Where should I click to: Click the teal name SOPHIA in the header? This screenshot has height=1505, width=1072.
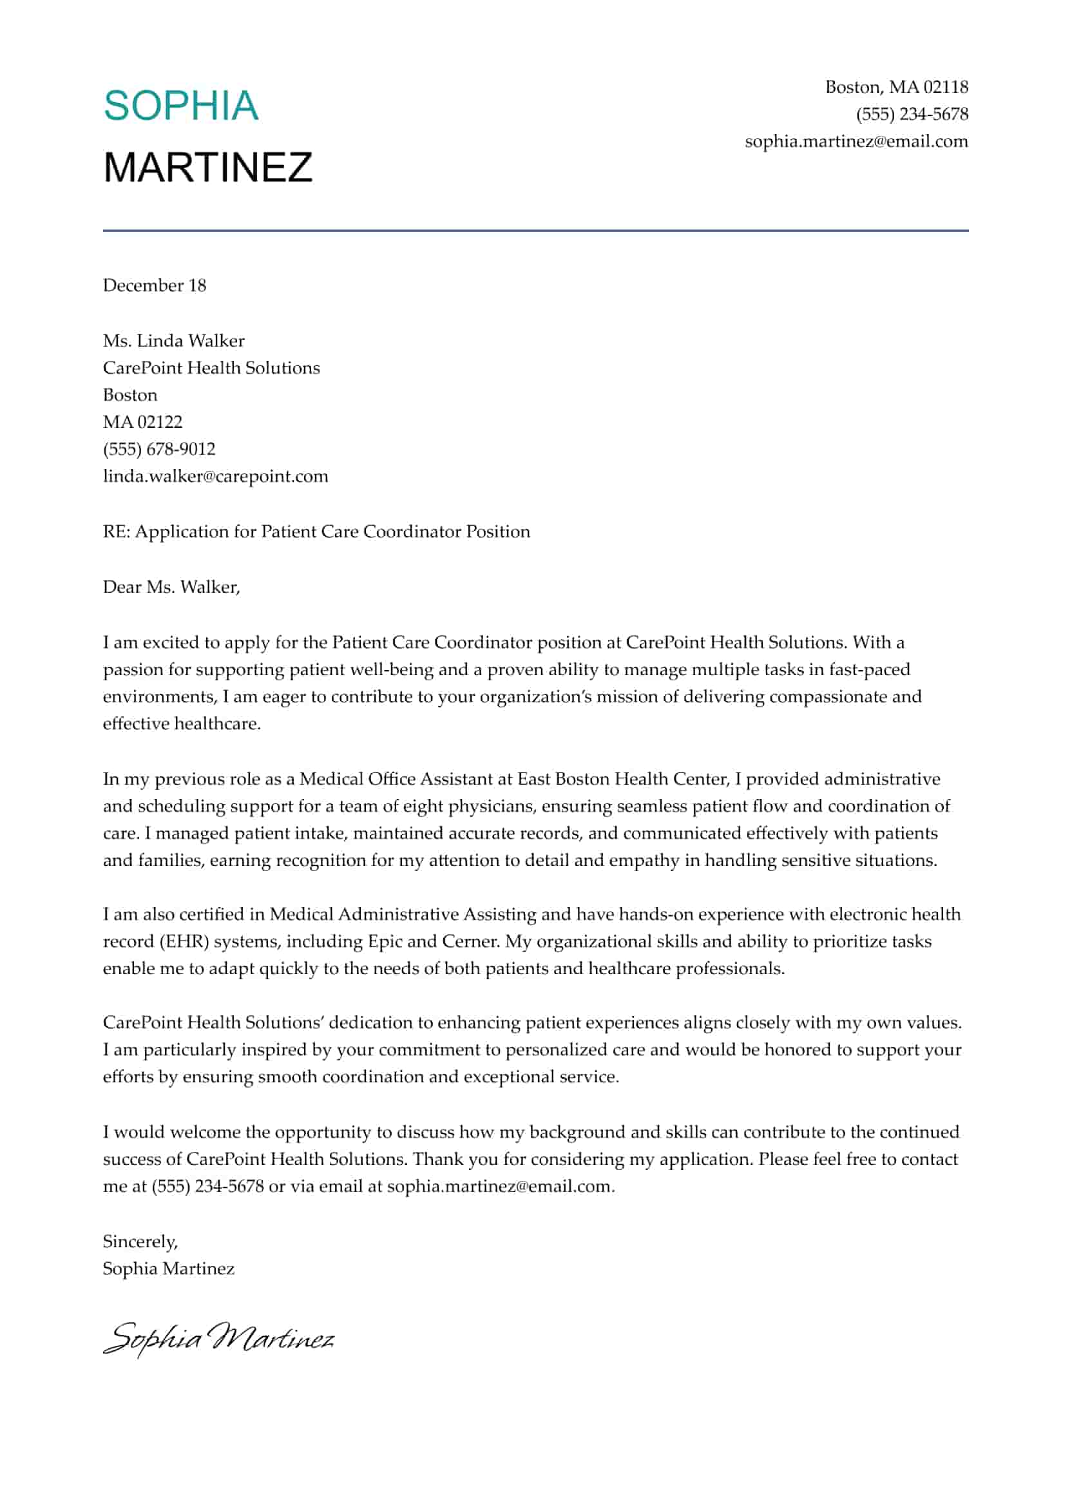point(181,106)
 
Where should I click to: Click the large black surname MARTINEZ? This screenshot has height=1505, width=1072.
point(208,167)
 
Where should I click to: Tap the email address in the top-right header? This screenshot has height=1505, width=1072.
point(856,141)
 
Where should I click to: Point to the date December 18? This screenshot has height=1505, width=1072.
point(155,285)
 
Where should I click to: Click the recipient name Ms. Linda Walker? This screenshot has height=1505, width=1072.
point(173,341)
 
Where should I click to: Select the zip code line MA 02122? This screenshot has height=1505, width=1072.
point(142,422)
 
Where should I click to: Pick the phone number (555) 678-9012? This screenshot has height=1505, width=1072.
point(159,449)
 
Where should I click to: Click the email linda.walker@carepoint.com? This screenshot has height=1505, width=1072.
point(215,476)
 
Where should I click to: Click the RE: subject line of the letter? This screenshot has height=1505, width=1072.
point(316,532)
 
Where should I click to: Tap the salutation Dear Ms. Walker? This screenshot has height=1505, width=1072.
point(171,587)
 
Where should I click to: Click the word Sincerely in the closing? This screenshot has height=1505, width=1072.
point(140,1241)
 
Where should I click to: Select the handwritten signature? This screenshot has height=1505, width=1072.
point(218,1337)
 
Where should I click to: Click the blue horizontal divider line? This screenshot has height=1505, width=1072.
point(535,231)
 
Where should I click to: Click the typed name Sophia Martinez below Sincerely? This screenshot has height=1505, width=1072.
point(168,1269)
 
